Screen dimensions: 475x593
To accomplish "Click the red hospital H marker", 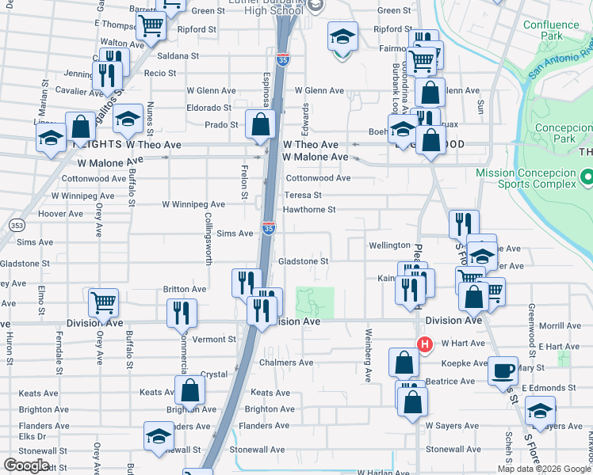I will click(x=425, y=344).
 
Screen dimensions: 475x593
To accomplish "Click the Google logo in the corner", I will click(x=27, y=465).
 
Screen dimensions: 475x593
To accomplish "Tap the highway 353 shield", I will click(x=16, y=226).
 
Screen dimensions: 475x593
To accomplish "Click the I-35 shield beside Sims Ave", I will click(x=270, y=228).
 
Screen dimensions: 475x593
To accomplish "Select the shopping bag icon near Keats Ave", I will click(x=190, y=389).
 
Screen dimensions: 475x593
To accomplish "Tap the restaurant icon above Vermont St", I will click(x=182, y=313).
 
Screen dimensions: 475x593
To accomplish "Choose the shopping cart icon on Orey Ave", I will click(x=104, y=302).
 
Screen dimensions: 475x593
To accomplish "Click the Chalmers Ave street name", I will click(x=286, y=363).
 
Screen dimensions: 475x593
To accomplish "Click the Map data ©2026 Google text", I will click(x=543, y=469).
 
